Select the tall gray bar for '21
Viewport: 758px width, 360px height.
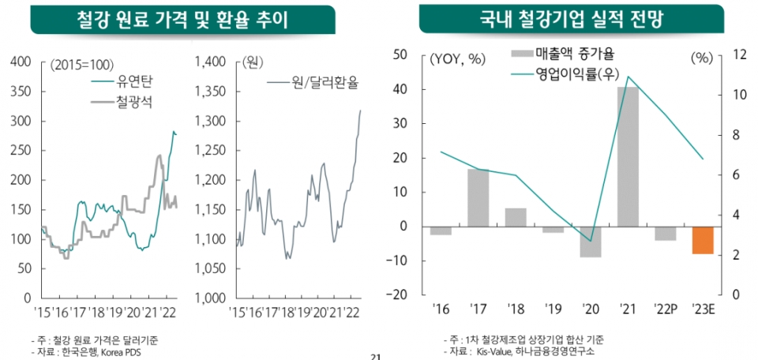tap(628, 156)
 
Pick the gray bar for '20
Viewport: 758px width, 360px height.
tap(590, 242)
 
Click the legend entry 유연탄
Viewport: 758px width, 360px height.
tap(134, 81)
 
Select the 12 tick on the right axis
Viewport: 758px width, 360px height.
tap(739, 54)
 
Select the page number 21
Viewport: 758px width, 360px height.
tap(376, 357)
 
